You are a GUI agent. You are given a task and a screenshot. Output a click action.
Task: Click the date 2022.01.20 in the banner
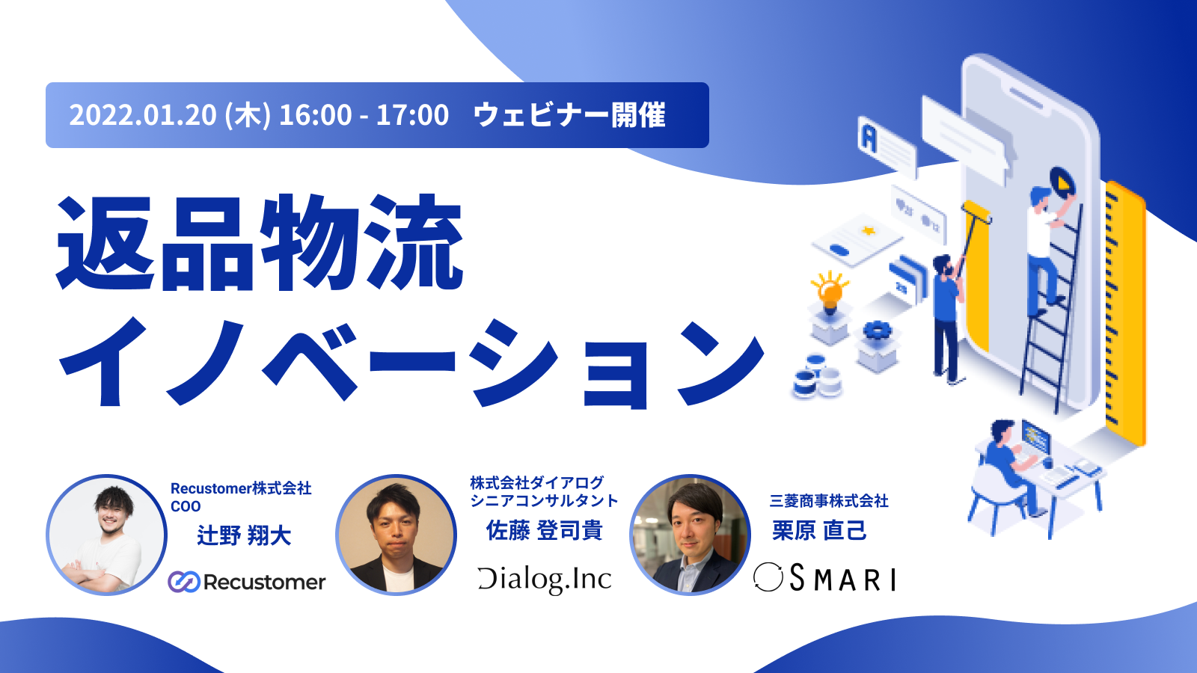tap(143, 115)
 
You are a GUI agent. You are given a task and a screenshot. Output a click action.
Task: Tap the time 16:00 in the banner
tap(315, 115)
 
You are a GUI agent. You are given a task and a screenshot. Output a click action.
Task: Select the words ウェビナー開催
tap(569, 115)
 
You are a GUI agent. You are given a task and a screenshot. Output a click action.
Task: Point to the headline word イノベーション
tap(411, 363)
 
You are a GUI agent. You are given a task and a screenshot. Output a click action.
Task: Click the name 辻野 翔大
tap(244, 535)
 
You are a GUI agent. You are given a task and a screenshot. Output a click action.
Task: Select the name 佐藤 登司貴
tap(544, 530)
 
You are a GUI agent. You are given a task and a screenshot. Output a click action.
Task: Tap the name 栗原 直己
tap(819, 530)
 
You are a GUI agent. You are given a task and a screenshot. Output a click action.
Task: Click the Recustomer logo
tap(246, 582)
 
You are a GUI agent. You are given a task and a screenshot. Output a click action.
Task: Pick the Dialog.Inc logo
tap(545, 580)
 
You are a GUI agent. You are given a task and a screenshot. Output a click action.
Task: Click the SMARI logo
tap(824, 579)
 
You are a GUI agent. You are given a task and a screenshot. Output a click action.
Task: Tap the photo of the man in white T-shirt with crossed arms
tap(106, 535)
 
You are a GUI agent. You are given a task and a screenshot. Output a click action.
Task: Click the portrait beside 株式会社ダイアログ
tap(396, 535)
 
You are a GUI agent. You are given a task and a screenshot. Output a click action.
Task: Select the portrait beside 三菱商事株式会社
tap(690, 535)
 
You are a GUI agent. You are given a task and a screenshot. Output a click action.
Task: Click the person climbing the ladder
tap(1047, 248)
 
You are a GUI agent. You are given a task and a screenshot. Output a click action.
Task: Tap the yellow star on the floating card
tap(869, 231)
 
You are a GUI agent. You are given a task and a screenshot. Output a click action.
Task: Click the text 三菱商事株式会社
tap(829, 501)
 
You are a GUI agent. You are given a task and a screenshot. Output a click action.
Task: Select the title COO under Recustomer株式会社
tap(186, 506)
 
